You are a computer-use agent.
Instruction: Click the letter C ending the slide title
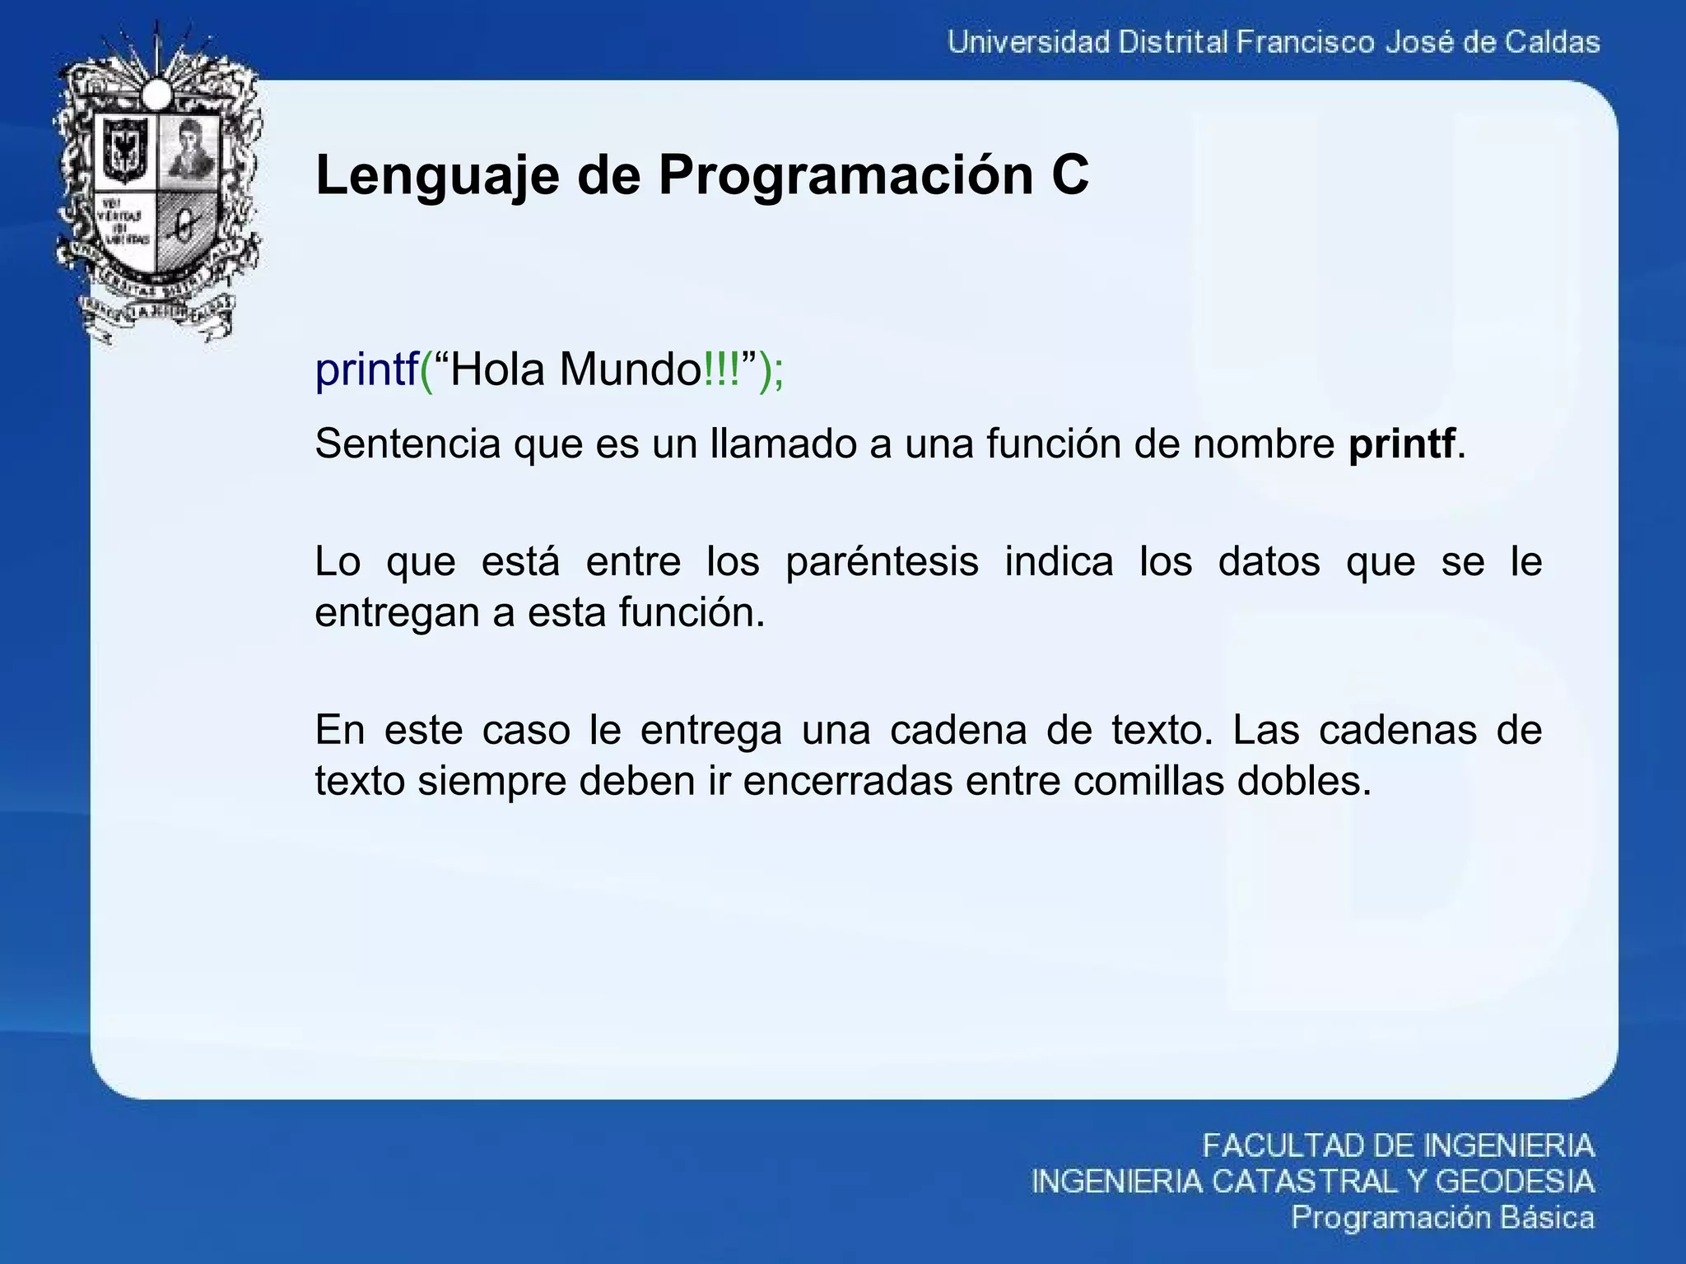click(1069, 175)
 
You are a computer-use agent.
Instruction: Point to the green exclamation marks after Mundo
click(722, 369)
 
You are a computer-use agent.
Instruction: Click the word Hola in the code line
click(498, 369)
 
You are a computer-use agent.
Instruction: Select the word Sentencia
click(408, 444)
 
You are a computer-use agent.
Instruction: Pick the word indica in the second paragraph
click(1059, 562)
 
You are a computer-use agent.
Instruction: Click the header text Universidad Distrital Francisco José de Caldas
click(1273, 42)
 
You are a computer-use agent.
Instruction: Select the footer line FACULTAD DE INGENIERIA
click(1398, 1145)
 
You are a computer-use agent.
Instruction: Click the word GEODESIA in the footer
click(1515, 1182)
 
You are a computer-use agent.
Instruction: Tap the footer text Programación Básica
click(1442, 1217)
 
